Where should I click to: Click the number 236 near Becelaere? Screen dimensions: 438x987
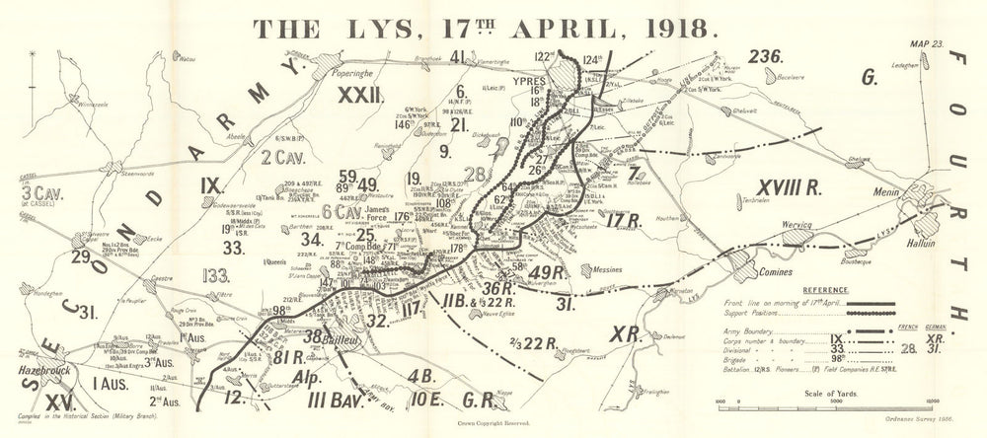pyautogui.click(x=762, y=56)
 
